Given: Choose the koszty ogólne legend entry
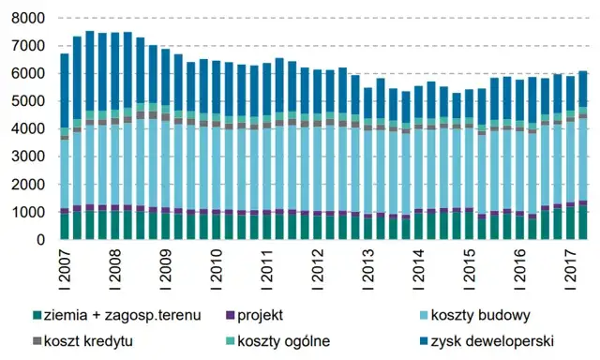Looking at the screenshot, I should [x=283, y=340].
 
